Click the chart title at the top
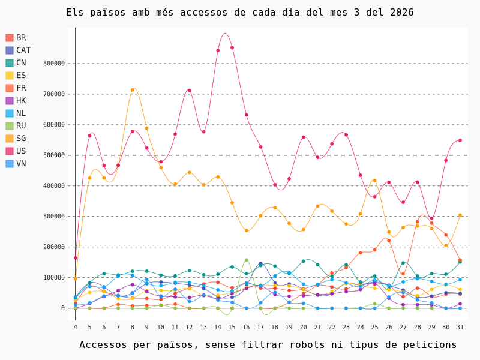click(x=239, y=13)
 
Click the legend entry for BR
click(x=21, y=38)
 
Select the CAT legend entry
click(x=23, y=50)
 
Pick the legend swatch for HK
click(x=10, y=101)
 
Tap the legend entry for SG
click(x=21, y=139)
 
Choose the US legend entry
click(x=21, y=151)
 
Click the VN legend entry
click(x=21, y=164)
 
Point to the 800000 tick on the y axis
click(x=54, y=64)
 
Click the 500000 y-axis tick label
click(x=54, y=155)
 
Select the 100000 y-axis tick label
click(x=54, y=278)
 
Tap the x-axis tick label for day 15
click(x=232, y=327)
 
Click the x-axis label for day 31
click(x=460, y=327)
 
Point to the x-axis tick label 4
click(x=76, y=327)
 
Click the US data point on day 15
click(x=232, y=47)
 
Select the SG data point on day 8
click(x=133, y=90)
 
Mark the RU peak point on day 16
click(x=246, y=260)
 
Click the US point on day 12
click(x=190, y=91)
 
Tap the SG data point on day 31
click(x=460, y=215)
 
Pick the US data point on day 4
click(x=76, y=258)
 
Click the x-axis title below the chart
click(x=268, y=345)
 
